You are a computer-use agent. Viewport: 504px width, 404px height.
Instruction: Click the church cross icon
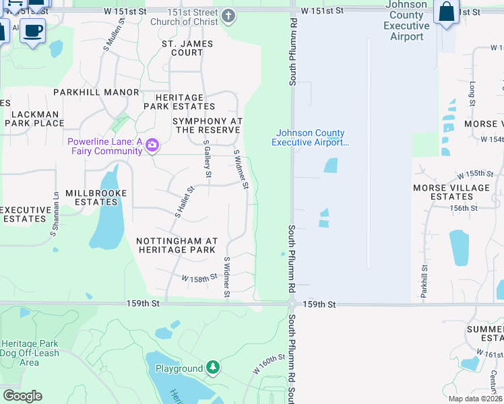pos(229,16)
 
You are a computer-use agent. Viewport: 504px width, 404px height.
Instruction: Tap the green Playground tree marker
pos(213,368)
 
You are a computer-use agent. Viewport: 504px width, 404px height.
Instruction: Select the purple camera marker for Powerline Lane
pos(152,145)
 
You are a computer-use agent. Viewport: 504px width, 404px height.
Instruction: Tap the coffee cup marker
pos(32,30)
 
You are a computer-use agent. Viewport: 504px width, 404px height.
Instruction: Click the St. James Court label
pos(187,48)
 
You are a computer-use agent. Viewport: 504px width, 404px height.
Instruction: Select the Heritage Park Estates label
pos(179,102)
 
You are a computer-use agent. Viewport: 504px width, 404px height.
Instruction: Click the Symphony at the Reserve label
pos(208,125)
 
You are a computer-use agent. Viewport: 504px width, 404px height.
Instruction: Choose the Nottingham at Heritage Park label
pos(177,245)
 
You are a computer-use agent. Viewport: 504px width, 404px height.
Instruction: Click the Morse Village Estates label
pos(451,192)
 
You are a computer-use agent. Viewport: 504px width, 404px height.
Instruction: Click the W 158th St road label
pos(199,277)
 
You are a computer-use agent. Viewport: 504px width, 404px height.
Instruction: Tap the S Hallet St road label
pos(185,202)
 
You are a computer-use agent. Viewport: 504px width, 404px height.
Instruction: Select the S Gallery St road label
pos(207,162)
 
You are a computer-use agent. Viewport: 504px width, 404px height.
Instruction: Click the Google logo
pos(22,396)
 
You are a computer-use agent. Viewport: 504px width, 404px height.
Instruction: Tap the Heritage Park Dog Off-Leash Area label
pos(30,352)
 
